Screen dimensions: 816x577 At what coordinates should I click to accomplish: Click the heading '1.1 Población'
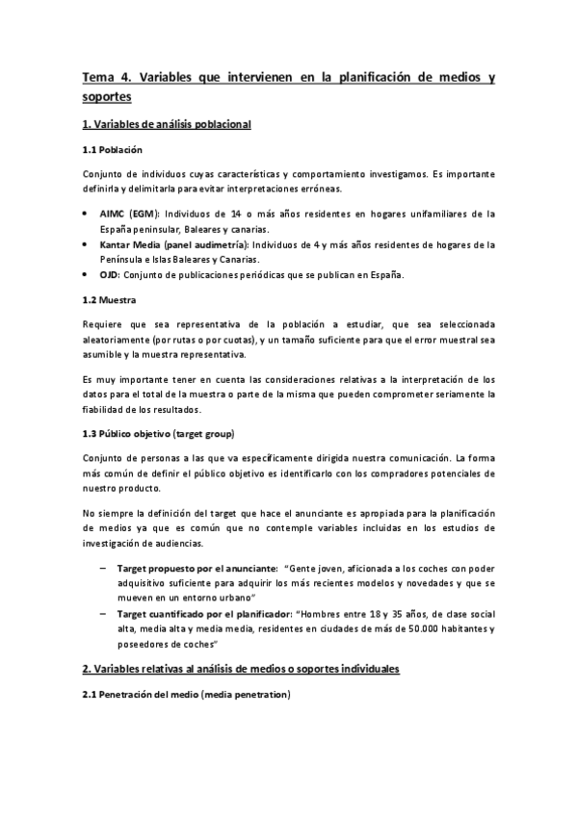point(113,151)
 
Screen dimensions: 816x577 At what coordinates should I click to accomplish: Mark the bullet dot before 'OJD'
point(87,275)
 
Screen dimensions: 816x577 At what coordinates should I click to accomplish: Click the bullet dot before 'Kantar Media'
point(87,244)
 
